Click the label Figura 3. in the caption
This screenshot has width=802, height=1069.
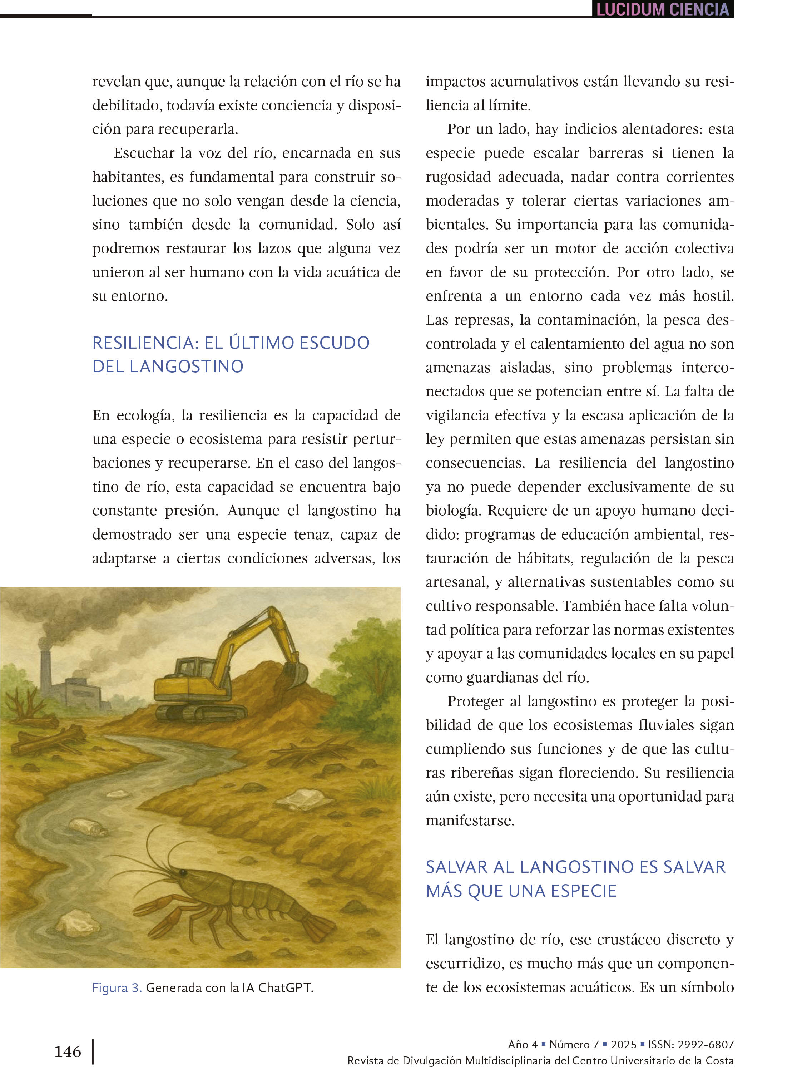pos(117,988)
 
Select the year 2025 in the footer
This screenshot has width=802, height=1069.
pos(624,1044)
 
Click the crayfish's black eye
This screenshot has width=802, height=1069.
pos(183,873)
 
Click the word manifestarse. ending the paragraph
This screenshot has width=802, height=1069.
pos(470,820)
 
